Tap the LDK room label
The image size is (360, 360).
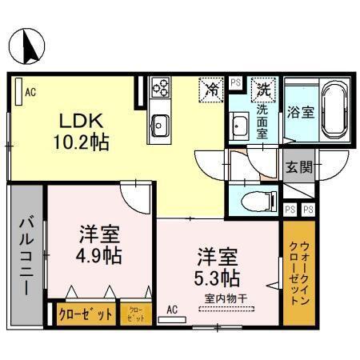point(78,122)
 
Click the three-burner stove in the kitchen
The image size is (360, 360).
point(160,86)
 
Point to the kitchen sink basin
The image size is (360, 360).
point(160,124)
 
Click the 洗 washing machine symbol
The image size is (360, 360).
point(261,89)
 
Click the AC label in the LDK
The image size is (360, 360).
point(30,92)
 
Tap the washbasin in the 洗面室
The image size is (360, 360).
point(238,126)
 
